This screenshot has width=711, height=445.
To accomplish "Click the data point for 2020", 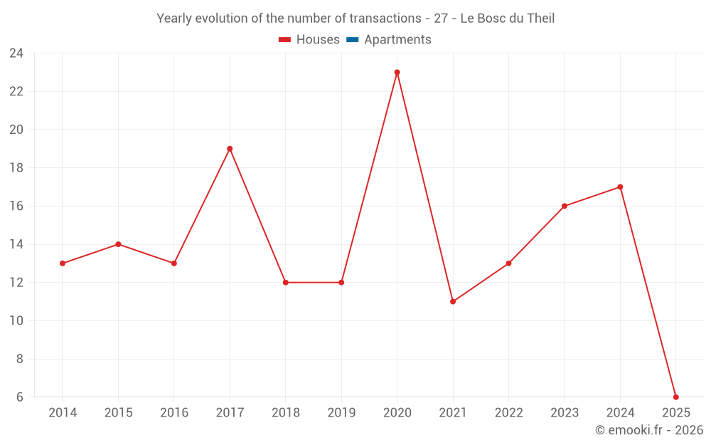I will [x=397, y=73].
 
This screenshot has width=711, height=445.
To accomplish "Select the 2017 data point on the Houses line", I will [x=230, y=149].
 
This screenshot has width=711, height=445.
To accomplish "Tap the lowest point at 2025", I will [x=675, y=397].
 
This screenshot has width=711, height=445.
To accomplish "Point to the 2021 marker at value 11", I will [x=453, y=301].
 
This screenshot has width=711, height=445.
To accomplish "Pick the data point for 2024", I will [x=620, y=187].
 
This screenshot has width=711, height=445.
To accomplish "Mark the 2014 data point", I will [x=63, y=263].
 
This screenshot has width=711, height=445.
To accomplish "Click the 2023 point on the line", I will [x=565, y=206].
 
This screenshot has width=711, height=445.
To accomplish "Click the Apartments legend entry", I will [x=397, y=40].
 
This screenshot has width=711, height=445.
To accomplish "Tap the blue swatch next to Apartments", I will [x=352, y=40].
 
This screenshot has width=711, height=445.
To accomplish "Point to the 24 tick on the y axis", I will [x=16, y=53].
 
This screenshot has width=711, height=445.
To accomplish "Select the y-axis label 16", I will [x=16, y=206].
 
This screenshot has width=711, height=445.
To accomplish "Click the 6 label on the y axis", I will [x=20, y=397].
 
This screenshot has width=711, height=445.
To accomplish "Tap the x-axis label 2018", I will [x=285, y=413].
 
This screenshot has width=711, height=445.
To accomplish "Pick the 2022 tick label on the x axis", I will [x=508, y=413].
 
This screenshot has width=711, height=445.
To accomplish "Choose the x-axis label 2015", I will [x=118, y=413].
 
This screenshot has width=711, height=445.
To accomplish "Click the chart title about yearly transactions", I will [x=355, y=19].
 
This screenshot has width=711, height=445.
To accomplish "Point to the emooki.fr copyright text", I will [x=648, y=430].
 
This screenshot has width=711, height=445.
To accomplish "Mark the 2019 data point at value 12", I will [x=341, y=283].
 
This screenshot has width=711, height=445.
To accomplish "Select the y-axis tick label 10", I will [x=16, y=321].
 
